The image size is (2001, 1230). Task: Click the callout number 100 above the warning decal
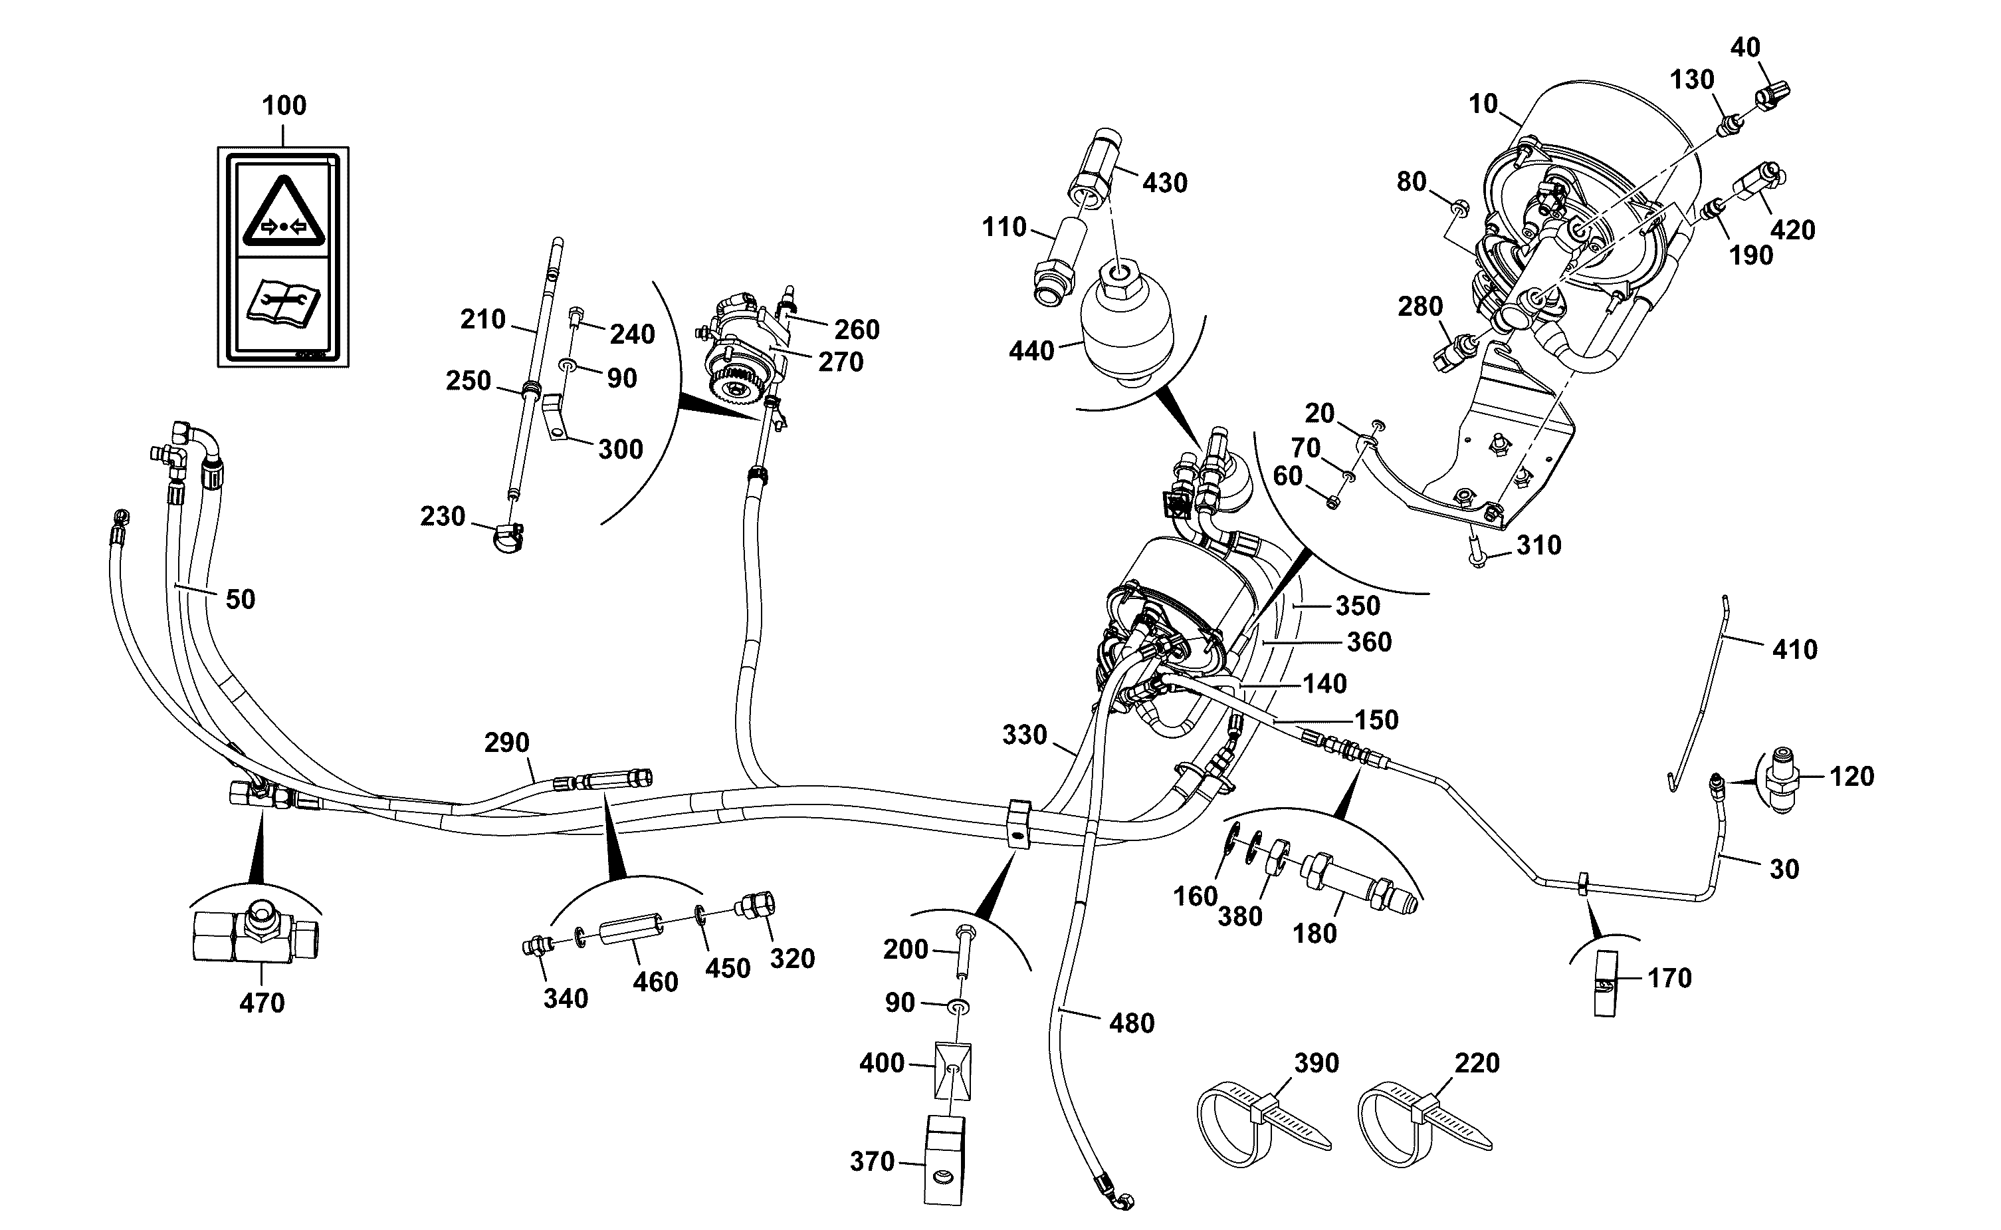[284, 106]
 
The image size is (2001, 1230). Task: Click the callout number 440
[1031, 352]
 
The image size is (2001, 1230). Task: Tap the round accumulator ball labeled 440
[1127, 325]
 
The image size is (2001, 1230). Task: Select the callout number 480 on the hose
[1132, 1023]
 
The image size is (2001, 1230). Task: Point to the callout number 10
[1483, 104]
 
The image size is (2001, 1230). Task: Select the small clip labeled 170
[1605, 984]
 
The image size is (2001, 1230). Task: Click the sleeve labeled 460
[631, 930]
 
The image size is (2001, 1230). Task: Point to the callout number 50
[240, 600]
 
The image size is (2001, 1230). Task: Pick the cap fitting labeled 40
[1775, 95]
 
